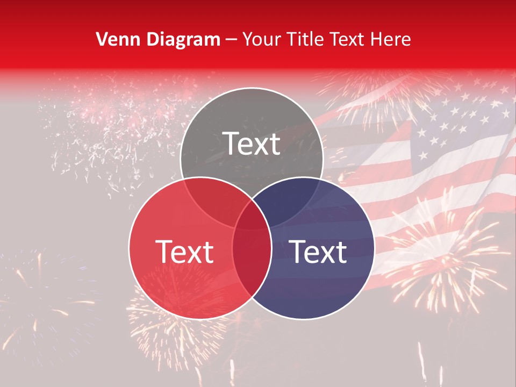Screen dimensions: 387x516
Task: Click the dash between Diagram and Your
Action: pyautogui.click(x=231, y=40)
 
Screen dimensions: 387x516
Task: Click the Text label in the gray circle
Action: pyautogui.click(x=252, y=144)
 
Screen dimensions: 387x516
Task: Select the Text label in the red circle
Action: pyautogui.click(x=184, y=251)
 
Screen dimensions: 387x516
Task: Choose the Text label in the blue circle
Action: pyautogui.click(x=318, y=251)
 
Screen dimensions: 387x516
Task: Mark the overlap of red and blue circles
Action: pyautogui.click(x=252, y=258)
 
